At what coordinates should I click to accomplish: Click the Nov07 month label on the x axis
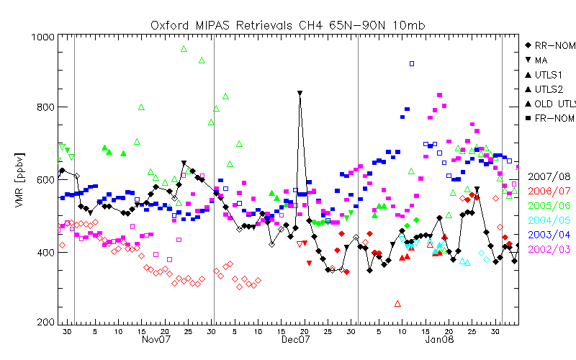point(156,339)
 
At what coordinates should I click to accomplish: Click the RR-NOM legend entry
point(550,45)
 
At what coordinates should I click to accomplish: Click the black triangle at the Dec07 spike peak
point(300,94)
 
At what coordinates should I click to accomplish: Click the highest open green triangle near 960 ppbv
point(184,49)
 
